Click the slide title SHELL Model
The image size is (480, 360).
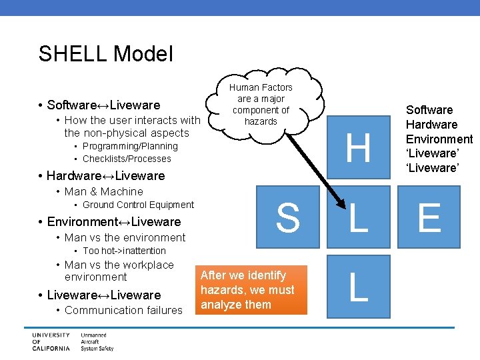105,53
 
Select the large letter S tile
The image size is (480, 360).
288,218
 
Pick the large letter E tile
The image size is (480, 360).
429,218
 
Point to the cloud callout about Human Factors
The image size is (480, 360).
261,105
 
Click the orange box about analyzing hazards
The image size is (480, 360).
253,290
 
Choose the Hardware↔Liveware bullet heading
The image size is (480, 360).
105,176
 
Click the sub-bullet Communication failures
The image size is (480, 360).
123,310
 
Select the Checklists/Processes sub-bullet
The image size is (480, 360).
127,159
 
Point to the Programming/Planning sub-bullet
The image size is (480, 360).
130,146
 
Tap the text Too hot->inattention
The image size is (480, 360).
124,251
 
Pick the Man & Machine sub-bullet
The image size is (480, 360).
103,191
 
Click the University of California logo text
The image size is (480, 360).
49,341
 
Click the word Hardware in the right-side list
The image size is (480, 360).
431,125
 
